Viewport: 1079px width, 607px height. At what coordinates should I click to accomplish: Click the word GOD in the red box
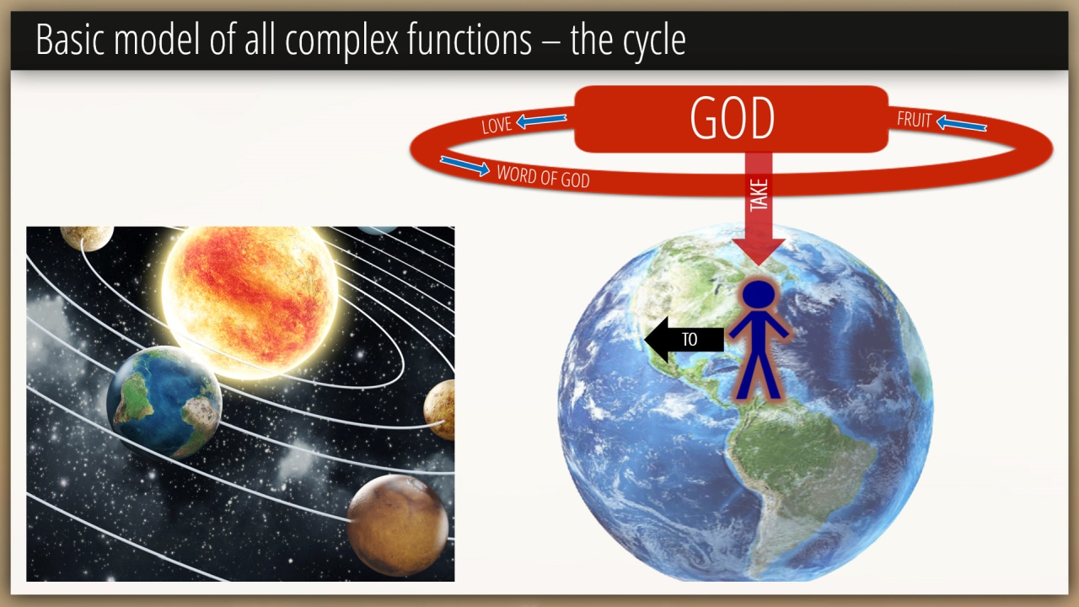pos(733,119)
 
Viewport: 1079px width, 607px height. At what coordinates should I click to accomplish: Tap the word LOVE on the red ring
pos(497,126)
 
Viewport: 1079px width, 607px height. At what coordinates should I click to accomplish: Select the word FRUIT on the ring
pos(915,120)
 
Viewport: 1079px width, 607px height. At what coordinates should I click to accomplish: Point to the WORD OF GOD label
pos(544,176)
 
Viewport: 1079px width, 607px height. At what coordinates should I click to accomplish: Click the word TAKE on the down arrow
pos(759,195)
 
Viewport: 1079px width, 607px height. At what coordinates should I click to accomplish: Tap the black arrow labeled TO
pos(684,340)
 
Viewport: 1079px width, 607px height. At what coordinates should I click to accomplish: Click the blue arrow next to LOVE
pos(541,121)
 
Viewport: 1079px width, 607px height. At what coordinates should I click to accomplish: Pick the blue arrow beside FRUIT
pos(962,124)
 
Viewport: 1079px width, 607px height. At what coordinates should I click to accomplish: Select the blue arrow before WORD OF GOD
pos(464,166)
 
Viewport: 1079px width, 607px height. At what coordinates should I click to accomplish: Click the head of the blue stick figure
pos(759,294)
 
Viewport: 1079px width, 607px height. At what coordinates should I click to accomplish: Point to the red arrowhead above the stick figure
pos(759,251)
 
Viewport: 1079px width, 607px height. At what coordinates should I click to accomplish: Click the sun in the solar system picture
pos(250,299)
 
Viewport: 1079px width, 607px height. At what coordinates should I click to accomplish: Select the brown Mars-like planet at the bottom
pos(397,525)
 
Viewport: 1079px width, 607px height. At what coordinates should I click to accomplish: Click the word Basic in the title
pos(70,40)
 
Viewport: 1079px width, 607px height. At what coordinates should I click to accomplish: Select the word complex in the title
pos(342,42)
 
